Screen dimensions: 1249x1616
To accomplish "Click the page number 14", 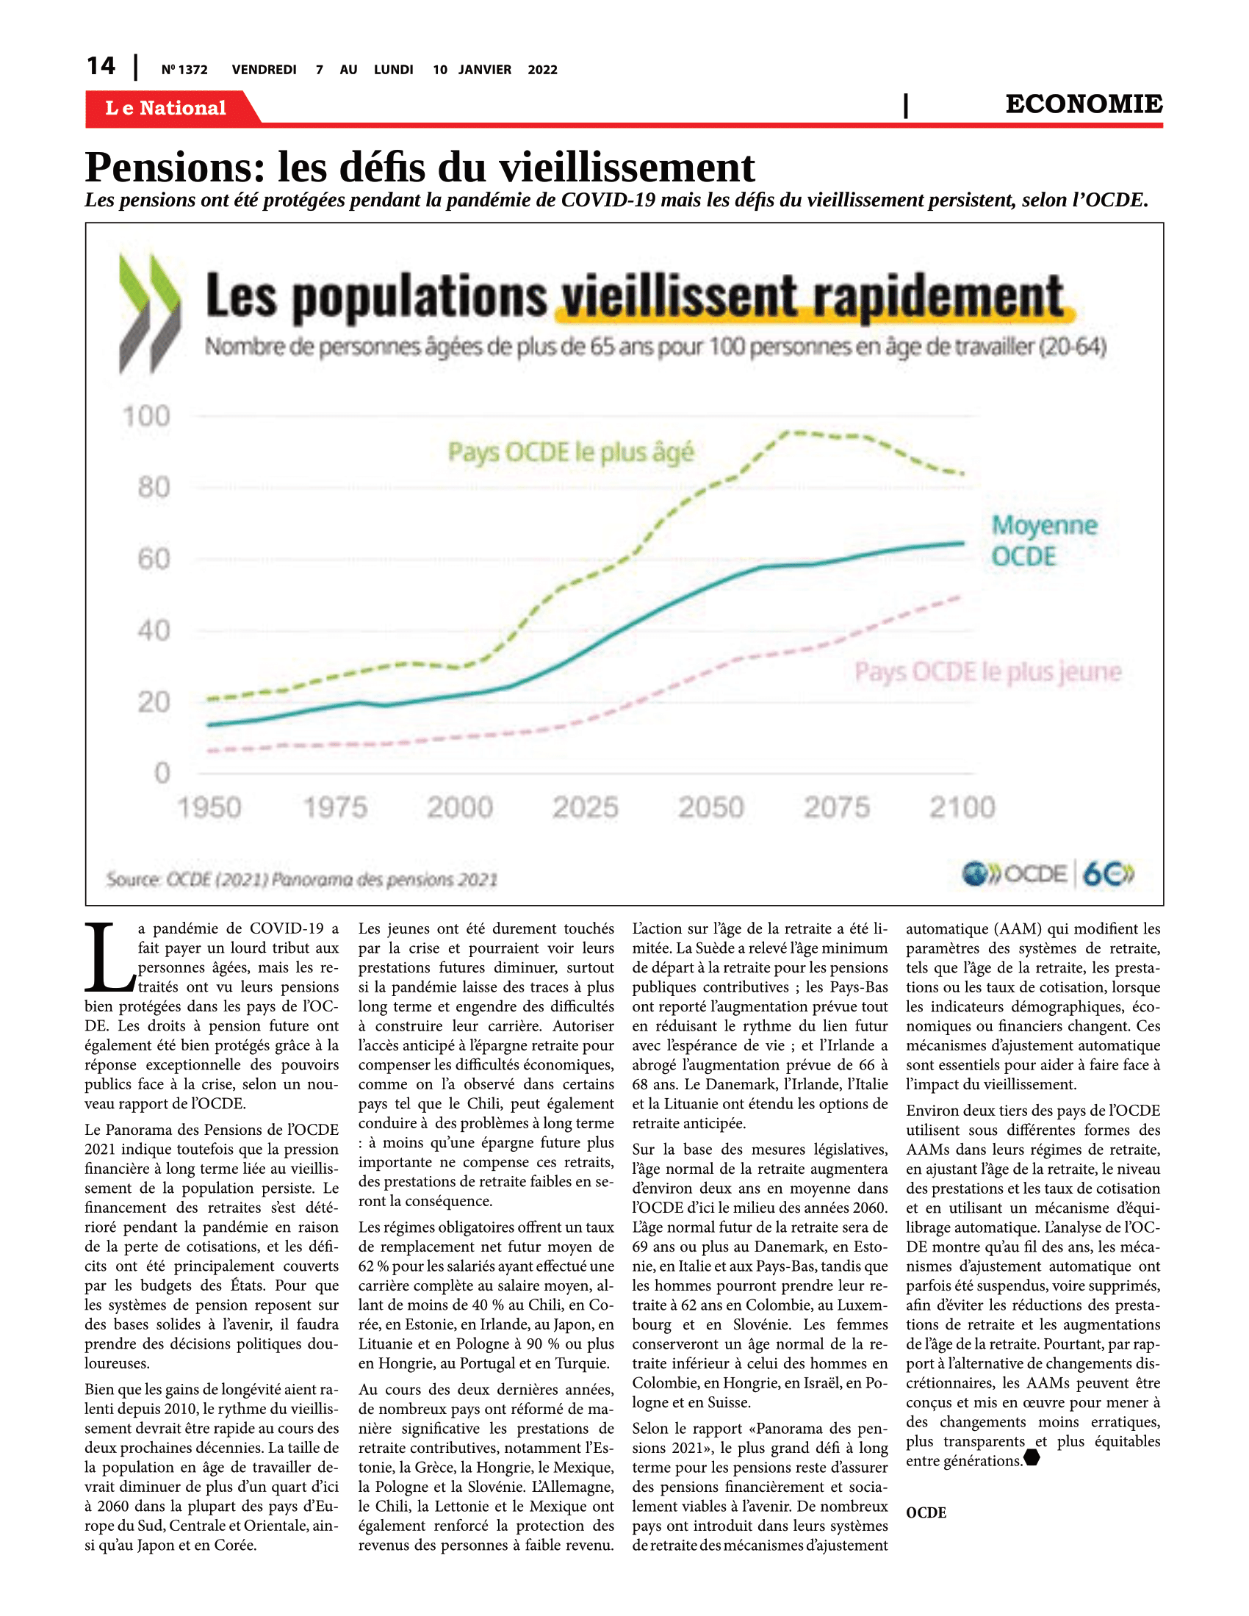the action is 101,66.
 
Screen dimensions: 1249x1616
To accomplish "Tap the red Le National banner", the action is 170,108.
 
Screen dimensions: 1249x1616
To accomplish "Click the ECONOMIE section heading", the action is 1083,104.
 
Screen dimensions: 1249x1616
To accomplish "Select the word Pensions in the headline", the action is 175,167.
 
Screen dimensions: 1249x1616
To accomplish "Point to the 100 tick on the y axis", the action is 146,416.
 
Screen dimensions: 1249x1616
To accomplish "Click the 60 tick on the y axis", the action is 154,559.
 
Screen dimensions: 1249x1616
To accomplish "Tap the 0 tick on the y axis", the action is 162,773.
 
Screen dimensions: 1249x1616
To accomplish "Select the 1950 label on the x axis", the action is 209,807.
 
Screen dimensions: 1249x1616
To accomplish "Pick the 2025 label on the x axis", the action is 586,807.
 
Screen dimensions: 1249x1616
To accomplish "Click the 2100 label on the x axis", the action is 962,807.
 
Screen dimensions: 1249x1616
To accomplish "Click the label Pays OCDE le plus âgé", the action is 571,452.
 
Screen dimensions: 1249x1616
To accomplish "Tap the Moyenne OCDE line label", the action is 1044,541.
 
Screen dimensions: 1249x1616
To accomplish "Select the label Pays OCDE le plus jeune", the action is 987,672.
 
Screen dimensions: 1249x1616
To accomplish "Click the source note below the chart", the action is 302,879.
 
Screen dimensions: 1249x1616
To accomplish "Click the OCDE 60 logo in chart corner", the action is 1048,874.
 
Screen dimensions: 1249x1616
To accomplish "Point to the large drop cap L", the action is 109,957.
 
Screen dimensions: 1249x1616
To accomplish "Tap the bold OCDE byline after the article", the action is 926,1512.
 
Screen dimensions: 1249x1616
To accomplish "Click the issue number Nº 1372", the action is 184,70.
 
